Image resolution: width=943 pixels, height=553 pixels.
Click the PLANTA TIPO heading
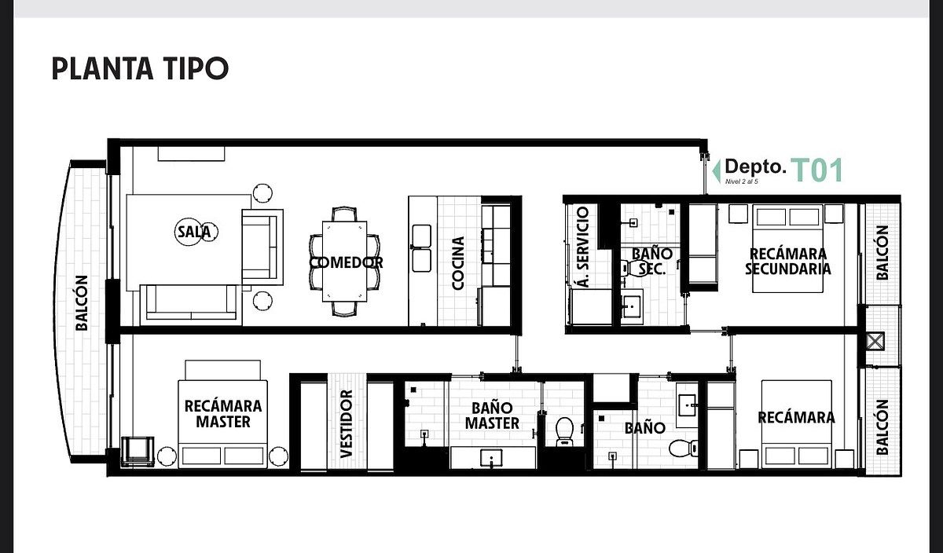click(x=140, y=68)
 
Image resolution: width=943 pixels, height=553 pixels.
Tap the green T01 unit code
click(x=817, y=170)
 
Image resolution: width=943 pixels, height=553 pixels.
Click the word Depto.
click(x=756, y=167)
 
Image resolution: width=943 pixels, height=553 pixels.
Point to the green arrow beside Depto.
click(x=716, y=171)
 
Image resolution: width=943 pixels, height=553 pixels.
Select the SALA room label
click(x=193, y=232)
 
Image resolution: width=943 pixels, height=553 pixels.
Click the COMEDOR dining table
click(x=344, y=261)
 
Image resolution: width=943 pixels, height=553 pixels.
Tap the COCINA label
click(x=457, y=263)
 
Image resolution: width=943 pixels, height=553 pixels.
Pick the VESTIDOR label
click(x=346, y=424)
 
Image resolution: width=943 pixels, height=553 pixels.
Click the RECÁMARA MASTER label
click(x=223, y=414)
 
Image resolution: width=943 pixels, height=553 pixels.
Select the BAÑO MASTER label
click(x=492, y=416)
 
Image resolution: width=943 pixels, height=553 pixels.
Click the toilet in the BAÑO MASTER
click(x=564, y=431)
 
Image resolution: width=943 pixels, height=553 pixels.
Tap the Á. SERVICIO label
click(x=583, y=247)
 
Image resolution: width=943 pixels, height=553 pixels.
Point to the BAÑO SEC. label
click(x=651, y=261)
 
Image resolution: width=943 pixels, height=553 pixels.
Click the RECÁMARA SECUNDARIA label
click(x=788, y=262)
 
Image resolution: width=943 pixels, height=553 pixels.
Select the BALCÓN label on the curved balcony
click(x=82, y=303)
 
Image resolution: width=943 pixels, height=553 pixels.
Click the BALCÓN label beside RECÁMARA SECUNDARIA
click(x=882, y=252)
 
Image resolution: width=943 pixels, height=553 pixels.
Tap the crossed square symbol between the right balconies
click(x=875, y=341)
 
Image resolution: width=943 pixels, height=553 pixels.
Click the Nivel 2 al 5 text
click(x=742, y=181)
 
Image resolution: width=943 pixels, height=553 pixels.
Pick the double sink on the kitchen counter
click(x=421, y=248)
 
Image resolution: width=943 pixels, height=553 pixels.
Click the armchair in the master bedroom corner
click(x=138, y=452)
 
